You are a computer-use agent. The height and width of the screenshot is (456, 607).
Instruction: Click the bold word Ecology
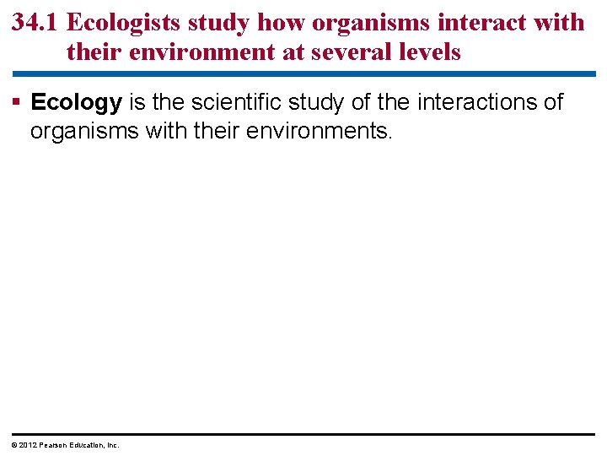(x=76, y=104)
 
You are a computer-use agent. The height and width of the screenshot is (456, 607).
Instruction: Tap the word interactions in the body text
(x=469, y=103)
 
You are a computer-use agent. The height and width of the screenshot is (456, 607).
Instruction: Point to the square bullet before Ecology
(x=17, y=103)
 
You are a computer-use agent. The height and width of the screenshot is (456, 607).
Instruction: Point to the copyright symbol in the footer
(x=14, y=445)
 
